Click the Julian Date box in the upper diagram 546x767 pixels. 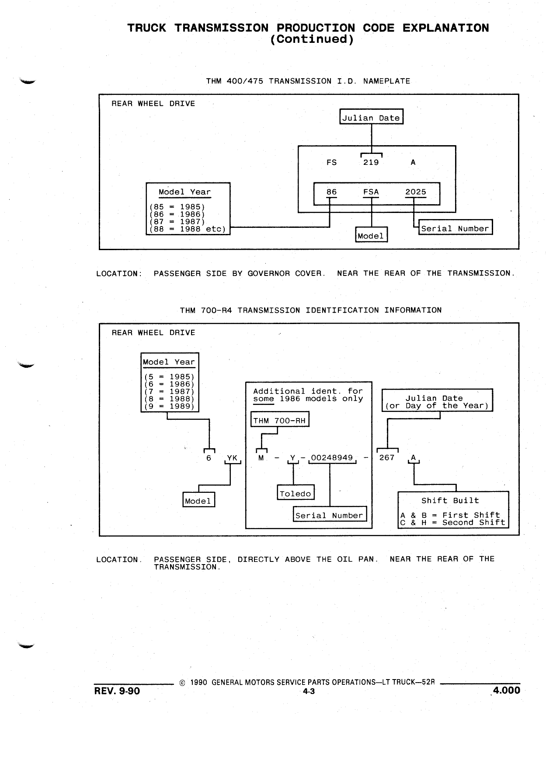coord(371,117)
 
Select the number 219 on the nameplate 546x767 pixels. coord(371,163)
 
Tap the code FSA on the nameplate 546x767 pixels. coord(371,192)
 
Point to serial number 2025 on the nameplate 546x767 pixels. coord(416,192)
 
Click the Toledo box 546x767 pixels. coord(296,492)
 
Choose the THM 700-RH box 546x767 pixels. coord(280,419)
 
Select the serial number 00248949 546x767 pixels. coord(332,458)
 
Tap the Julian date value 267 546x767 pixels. coord(387,458)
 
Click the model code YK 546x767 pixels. coord(232,458)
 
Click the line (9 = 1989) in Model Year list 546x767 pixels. coord(169,406)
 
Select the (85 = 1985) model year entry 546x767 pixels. coord(177,207)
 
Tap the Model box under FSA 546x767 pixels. coord(371,234)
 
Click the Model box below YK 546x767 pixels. coord(198,500)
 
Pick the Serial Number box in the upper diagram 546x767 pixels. coord(456,227)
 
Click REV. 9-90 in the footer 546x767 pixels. coord(117,691)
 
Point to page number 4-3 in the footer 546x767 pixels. coord(309,691)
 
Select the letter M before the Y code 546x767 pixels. coord(261,458)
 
